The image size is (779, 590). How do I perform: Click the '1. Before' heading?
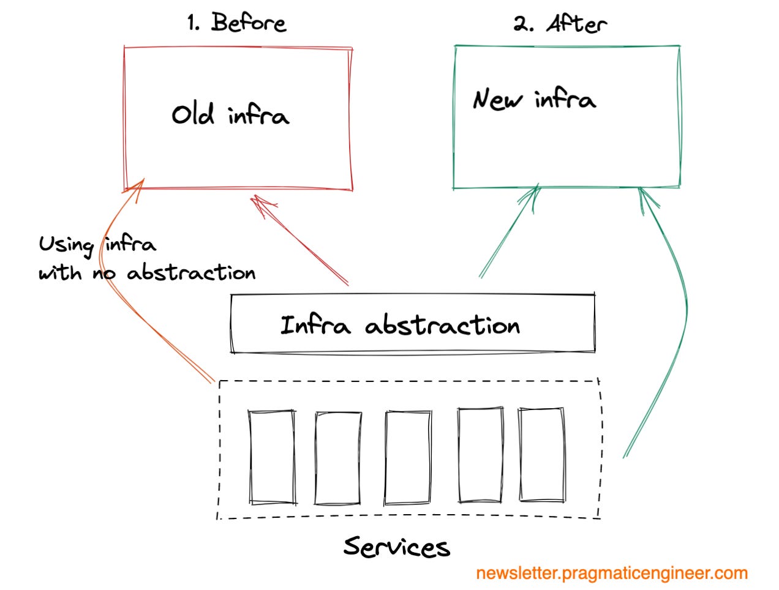(x=236, y=23)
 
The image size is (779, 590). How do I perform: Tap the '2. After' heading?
(x=560, y=24)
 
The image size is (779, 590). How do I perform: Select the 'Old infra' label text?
(x=230, y=114)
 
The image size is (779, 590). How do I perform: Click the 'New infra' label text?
(x=533, y=99)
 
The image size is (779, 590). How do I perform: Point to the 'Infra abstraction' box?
(x=412, y=324)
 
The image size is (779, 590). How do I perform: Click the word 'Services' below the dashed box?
(x=396, y=546)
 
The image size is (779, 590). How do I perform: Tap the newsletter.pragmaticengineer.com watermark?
(x=611, y=573)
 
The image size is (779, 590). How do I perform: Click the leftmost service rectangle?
(x=272, y=457)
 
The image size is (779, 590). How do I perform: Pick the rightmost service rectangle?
(x=541, y=454)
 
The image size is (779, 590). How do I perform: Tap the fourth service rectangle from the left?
(x=481, y=454)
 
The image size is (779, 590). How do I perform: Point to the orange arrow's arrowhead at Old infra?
(x=138, y=185)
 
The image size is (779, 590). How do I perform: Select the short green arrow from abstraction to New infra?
(x=508, y=233)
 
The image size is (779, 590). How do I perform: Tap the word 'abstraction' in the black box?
(x=442, y=325)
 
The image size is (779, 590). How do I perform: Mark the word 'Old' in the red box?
(x=192, y=114)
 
